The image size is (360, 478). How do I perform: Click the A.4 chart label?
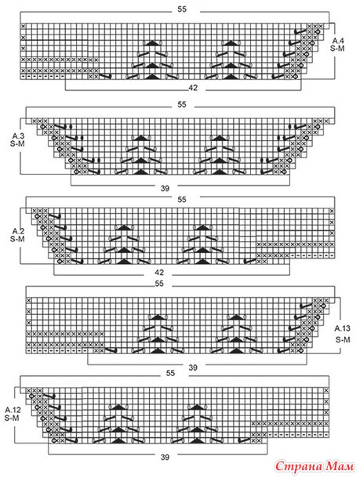click(338, 41)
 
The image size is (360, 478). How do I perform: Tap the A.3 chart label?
click(18, 136)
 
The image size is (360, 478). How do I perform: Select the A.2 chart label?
click(18, 230)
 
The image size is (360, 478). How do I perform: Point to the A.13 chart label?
click(342, 328)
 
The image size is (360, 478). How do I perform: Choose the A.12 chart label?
click(13, 410)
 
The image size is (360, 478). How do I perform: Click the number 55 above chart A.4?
click(182, 9)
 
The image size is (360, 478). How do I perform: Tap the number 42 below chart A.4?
click(193, 88)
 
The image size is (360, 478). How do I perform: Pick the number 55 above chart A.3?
click(182, 104)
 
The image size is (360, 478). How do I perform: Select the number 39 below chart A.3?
click(165, 188)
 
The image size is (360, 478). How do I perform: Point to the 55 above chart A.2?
click(182, 200)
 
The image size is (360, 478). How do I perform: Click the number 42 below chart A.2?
click(159, 272)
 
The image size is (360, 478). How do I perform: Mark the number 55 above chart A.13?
click(159, 284)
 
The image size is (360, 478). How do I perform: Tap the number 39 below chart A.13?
click(193, 368)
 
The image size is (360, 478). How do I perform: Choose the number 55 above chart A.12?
click(170, 373)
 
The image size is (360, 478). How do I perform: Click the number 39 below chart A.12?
click(165, 457)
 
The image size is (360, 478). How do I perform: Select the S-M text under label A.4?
click(337, 48)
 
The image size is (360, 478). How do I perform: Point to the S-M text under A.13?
click(343, 339)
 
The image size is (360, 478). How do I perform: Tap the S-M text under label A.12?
click(12, 418)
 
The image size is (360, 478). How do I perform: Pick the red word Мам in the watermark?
click(340, 465)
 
